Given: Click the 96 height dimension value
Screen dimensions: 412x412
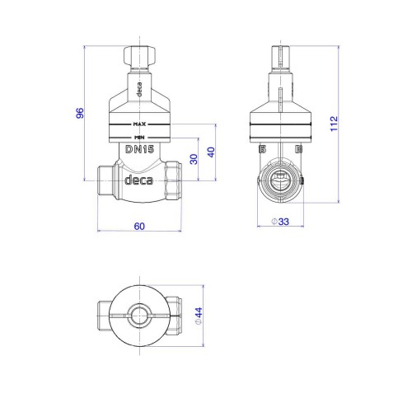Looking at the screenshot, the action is (x=80, y=113).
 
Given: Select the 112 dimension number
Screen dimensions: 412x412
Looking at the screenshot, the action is (x=334, y=124).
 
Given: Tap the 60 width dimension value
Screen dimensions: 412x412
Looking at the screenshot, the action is (x=139, y=226).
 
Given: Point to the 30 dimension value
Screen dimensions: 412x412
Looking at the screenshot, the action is (x=194, y=159).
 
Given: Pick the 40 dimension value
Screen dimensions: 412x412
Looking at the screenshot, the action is (x=211, y=152).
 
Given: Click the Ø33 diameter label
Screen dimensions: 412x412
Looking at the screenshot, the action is (x=280, y=222).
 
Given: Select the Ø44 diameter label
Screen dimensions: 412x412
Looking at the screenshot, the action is (x=199, y=316).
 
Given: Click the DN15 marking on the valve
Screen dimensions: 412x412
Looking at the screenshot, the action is (x=139, y=149).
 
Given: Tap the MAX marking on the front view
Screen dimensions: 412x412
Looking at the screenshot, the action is (x=139, y=124).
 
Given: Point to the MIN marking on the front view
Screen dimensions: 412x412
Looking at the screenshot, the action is (x=139, y=138).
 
